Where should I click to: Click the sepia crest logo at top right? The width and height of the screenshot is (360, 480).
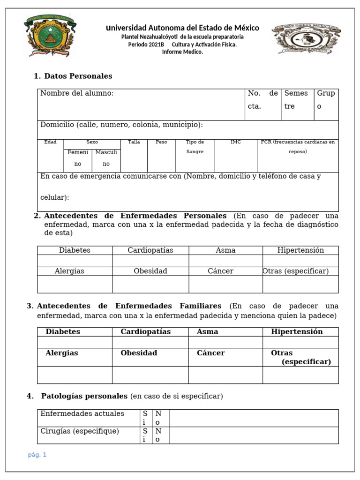pyautogui.click(x=306, y=39)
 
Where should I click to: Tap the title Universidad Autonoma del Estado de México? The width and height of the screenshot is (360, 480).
pyautogui.click(x=182, y=28)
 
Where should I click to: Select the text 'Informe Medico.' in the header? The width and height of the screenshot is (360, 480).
pyautogui.click(x=182, y=52)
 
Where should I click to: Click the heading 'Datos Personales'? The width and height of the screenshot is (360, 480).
pyautogui.click(x=78, y=76)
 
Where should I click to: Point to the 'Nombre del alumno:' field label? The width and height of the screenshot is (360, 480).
pyautogui.click(x=77, y=93)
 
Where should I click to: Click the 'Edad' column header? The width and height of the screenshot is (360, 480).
pyautogui.click(x=50, y=142)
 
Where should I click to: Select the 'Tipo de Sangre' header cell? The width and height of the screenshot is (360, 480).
pyautogui.click(x=195, y=147)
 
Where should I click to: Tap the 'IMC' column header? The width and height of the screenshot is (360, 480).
pyautogui.click(x=235, y=142)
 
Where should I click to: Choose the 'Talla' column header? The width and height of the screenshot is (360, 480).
pyautogui.click(x=134, y=142)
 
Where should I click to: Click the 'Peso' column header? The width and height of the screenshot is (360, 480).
pyautogui.click(x=161, y=142)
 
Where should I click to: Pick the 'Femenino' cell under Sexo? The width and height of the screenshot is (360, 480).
pyautogui.click(x=78, y=158)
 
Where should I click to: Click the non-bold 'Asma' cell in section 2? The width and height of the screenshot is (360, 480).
pyautogui.click(x=225, y=250)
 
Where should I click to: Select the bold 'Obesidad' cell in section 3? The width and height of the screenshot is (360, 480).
pyautogui.click(x=139, y=353)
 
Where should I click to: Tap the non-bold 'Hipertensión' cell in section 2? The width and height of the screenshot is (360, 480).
pyautogui.click(x=300, y=250)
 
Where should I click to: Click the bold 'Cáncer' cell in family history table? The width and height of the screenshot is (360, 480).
pyautogui.click(x=210, y=353)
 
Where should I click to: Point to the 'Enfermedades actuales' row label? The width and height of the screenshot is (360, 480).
pyautogui.click(x=82, y=413)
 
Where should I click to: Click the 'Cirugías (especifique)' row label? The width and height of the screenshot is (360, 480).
pyautogui.click(x=80, y=431)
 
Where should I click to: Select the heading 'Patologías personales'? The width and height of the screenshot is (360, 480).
pyautogui.click(x=84, y=396)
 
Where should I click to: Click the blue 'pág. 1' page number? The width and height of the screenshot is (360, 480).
pyautogui.click(x=37, y=455)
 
